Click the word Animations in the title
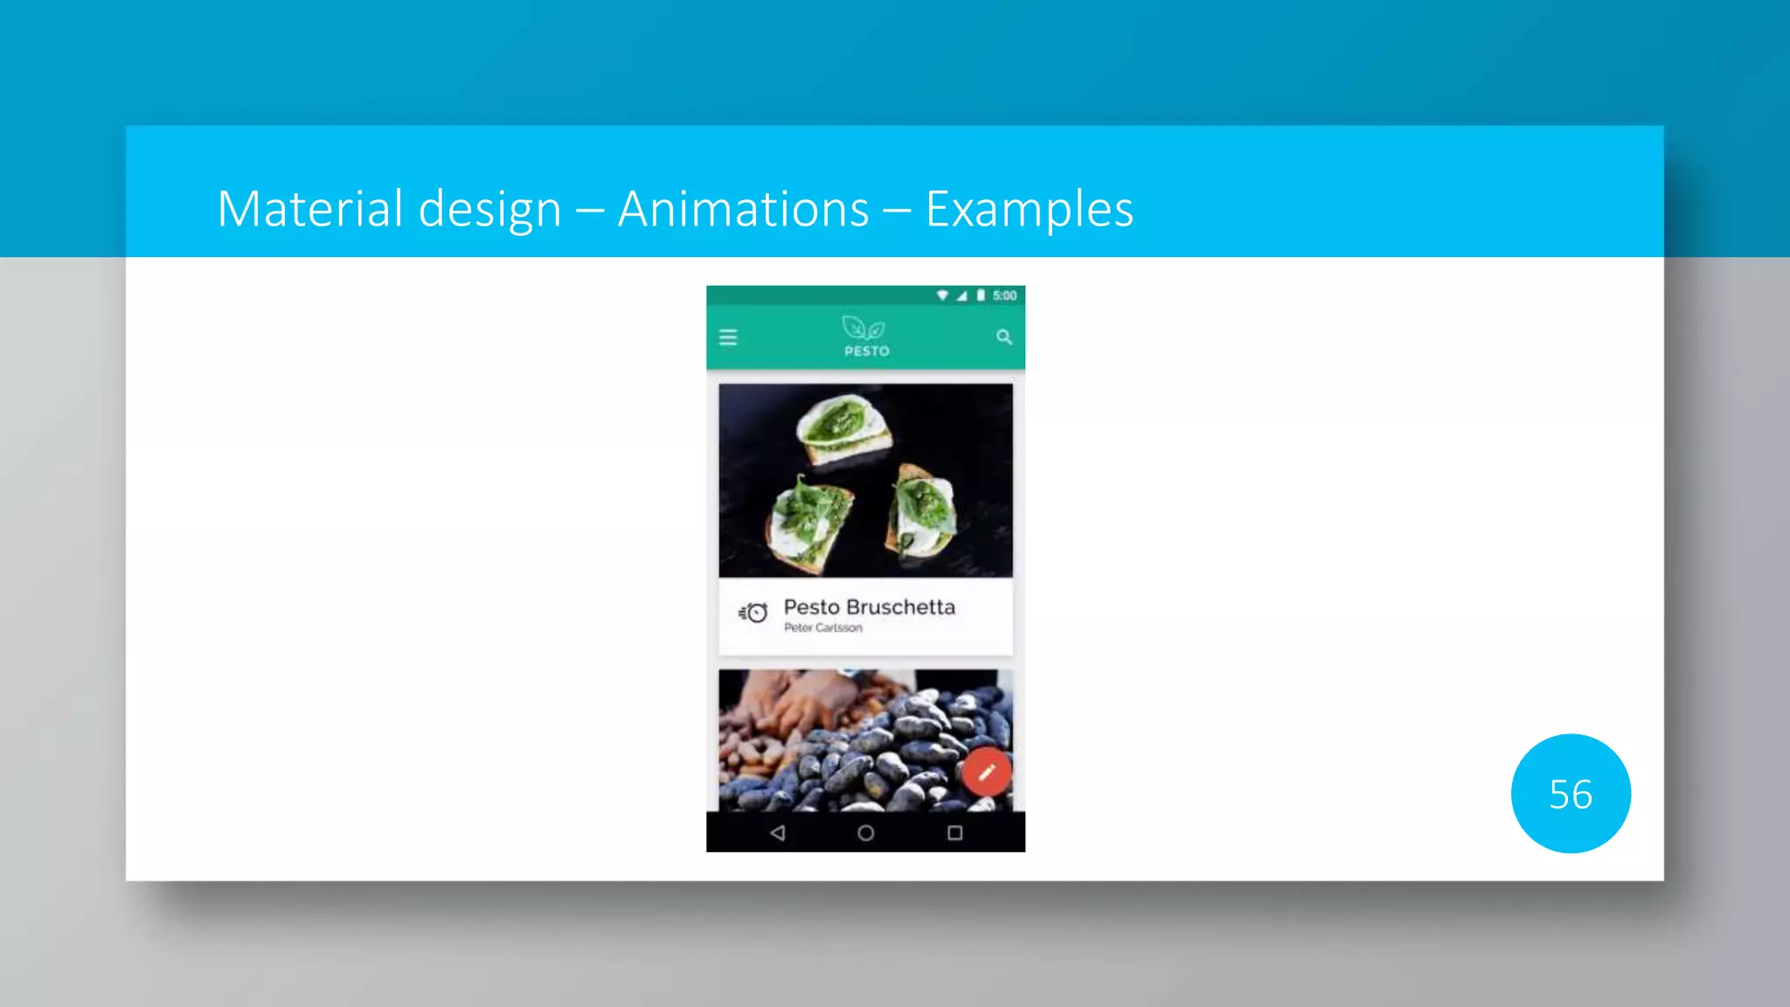click(743, 209)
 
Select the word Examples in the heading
click(1029, 209)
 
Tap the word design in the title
click(489, 209)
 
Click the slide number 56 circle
click(1570, 794)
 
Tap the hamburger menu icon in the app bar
click(728, 337)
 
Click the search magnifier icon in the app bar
click(1004, 337)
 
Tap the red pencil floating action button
click(987, 772)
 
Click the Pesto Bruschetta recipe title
click(869, 607)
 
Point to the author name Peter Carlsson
click(822, 628)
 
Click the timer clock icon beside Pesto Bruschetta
click(753, 613)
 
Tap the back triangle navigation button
click(778, 833)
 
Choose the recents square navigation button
click(954, 833)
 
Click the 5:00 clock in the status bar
click(1004, 295)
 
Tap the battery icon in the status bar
click(981, 295)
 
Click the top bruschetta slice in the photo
click(843, 427)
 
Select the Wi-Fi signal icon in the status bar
click(942, 295)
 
